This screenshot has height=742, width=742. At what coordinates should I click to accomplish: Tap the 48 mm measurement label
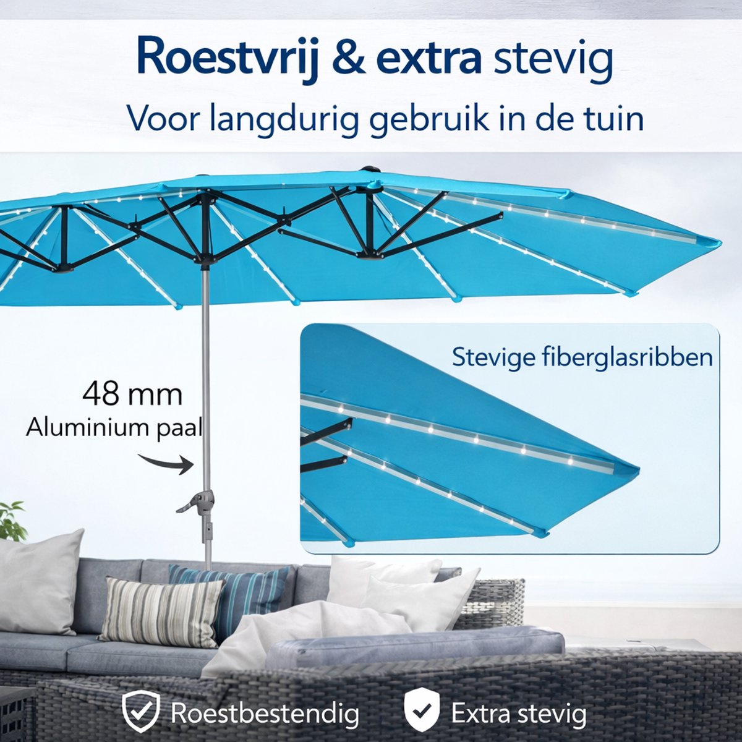(132, 394)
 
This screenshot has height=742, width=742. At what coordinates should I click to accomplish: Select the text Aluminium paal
(114, 429)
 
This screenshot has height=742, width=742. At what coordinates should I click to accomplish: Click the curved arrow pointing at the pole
(166, 463)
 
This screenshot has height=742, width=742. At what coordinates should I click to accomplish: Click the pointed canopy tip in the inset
(638, 471)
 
